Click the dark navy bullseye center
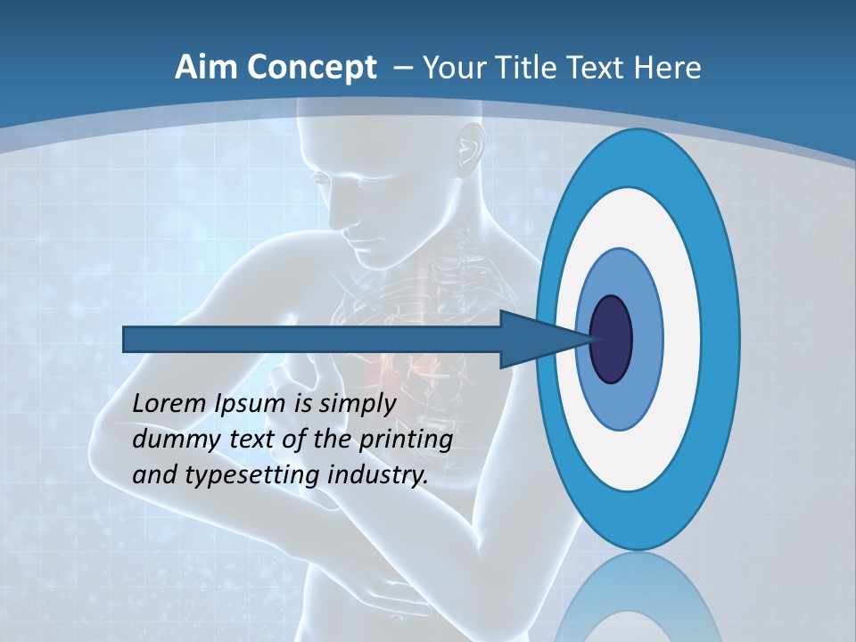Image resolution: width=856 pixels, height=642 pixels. click(612, 339)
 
